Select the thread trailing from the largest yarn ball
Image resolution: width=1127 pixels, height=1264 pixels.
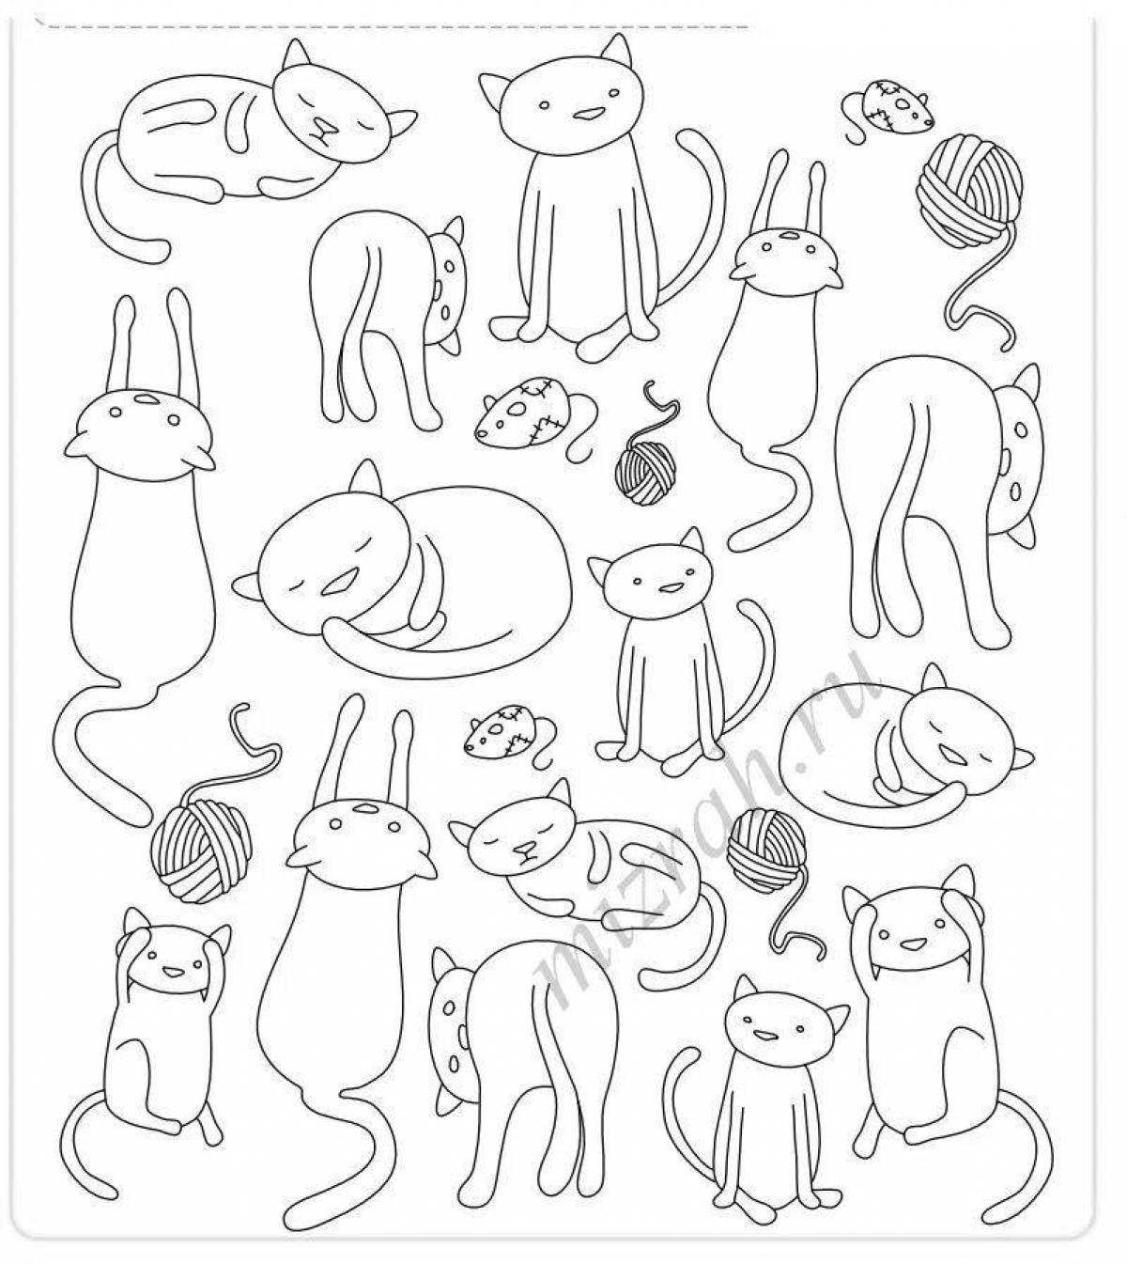coord(980,293)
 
